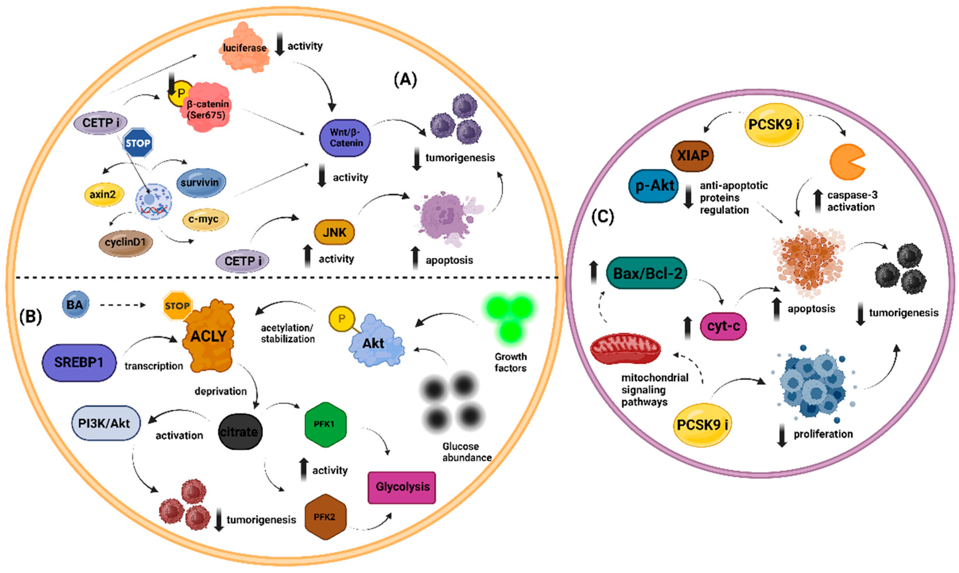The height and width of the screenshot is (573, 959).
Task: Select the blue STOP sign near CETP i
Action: coord(138,143)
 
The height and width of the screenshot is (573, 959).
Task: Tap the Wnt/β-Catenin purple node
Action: coord(345,138)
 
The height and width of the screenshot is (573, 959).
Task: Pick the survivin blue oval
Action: coord(200,183)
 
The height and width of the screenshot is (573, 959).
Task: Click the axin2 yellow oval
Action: coord(103,194)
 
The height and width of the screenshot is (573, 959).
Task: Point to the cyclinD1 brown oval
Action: coord(125,242)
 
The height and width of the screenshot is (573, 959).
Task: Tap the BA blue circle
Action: coord(75,305)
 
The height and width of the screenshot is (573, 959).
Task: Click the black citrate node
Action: coord(240,432)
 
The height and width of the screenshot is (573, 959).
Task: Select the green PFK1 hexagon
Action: coord(325,424)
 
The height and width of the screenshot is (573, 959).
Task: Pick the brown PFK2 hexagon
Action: coord(325,517)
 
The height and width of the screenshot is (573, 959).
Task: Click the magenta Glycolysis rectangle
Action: coord(402,487)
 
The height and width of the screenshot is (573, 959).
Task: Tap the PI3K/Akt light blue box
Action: coord(105,424)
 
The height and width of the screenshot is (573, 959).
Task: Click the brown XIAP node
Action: coord(693,156)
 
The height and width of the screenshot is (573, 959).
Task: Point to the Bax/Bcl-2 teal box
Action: coord(647,273)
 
